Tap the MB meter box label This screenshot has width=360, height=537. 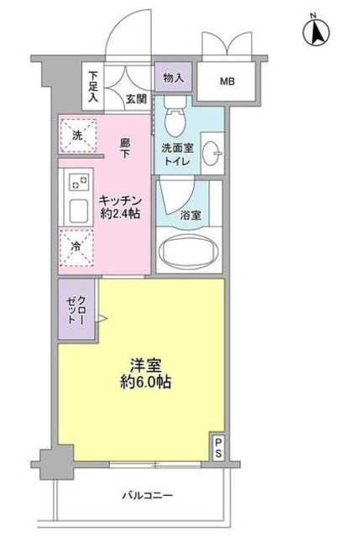pyautogui.click(x=227, y=81)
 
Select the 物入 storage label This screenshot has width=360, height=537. pyautogui.click(x=173, y=78)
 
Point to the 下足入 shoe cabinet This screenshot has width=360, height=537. pyautogui.click(x=93, y=86)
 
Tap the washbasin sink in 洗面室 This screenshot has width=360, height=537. pyautogui.click(x=214, y=152)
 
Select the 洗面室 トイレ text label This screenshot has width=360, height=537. pyautogui.click(x=179, y=155)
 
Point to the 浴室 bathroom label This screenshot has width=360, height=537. pyautogui.click(x=190, y=216)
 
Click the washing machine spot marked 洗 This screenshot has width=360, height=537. pyautogui.click(x=77, y=136)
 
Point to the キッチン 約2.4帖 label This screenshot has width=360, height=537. pyautogui.click(x=119, y=206)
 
